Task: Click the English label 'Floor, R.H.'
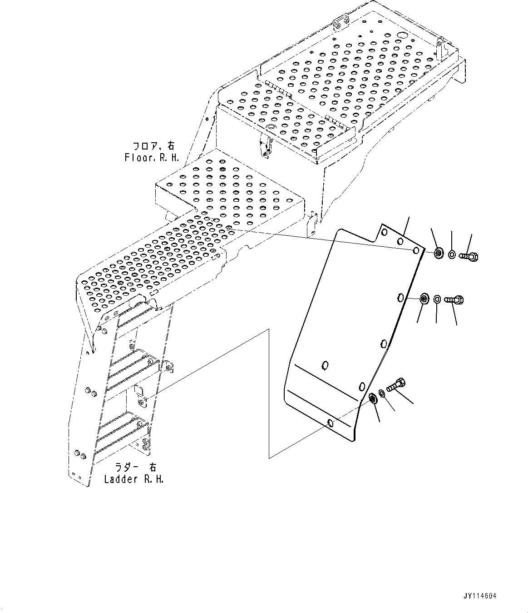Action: pos(152,158)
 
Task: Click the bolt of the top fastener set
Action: pos(469,257)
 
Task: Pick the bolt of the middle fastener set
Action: pos(454,299)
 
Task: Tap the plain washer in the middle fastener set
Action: pos(437,299)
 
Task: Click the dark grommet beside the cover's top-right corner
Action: pos(439,253)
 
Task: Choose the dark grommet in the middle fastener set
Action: pos(424,299)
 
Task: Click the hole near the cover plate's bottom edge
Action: pos(331,424)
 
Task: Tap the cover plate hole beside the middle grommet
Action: pos(400,298)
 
